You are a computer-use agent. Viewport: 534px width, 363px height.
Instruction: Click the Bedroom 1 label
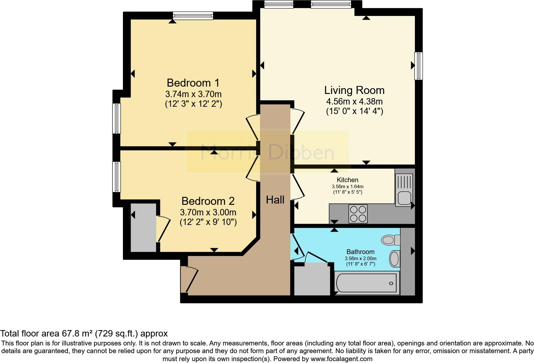193,83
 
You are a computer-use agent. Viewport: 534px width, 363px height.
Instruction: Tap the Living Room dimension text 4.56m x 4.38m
354,102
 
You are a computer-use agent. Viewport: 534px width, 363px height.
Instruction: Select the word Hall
275,200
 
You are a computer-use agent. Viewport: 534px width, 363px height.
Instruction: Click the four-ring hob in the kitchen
358,214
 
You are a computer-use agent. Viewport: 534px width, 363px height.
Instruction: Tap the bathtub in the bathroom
366,283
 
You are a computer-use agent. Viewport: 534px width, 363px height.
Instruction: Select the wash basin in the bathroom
395,259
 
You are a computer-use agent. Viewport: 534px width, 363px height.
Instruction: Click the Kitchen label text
347,180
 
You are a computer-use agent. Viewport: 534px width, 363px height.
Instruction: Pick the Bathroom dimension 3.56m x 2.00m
360,259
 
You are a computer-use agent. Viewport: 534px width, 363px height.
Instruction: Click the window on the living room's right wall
418,66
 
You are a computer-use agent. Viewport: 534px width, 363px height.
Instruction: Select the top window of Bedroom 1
193,15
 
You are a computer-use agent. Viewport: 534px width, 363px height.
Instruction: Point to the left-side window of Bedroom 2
117,177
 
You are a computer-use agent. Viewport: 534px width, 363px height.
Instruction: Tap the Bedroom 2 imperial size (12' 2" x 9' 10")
208,222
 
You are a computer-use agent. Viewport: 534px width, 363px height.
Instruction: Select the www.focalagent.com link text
341,359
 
